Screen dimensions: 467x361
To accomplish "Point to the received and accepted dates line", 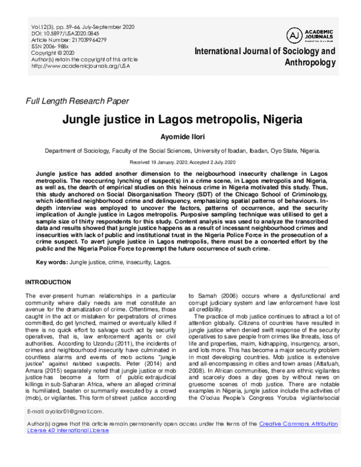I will pyautogui.click(x=180, y=163).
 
